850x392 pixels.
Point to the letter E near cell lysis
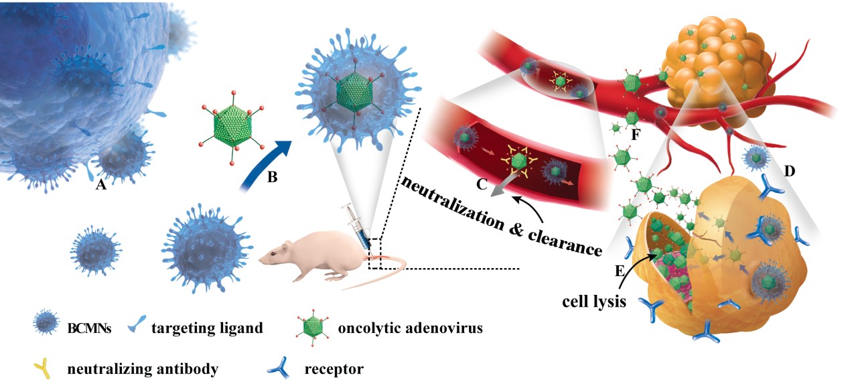tap(619, 271)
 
